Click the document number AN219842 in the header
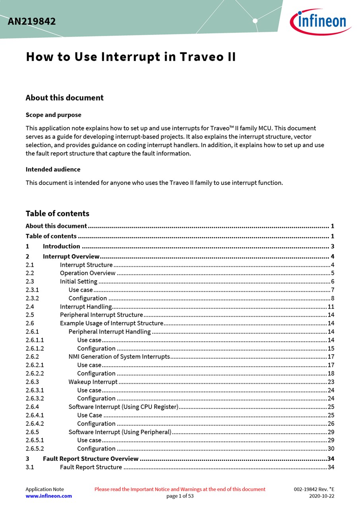coord(32,21)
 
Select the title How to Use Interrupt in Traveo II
coord(131,57)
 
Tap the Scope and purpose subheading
coord(53,115)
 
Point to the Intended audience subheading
coord(53,169)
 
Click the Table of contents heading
coord(57,214)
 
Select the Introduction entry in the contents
coord(61,247)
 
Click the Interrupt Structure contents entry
coord(86,265)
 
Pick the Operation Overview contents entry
coord(88,273)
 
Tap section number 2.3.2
coord(32,298)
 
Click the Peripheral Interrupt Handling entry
coord(109,332)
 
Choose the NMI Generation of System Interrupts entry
coord(119,357)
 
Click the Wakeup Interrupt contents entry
coord(93,382)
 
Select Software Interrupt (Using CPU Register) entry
coord(123,407)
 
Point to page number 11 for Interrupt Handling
coord(331,307)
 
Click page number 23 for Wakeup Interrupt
coord(331,382)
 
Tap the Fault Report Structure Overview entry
coord(91,459)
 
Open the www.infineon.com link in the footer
coord(49,496)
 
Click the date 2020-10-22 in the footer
coord(322,496)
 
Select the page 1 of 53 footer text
coord(180,496)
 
